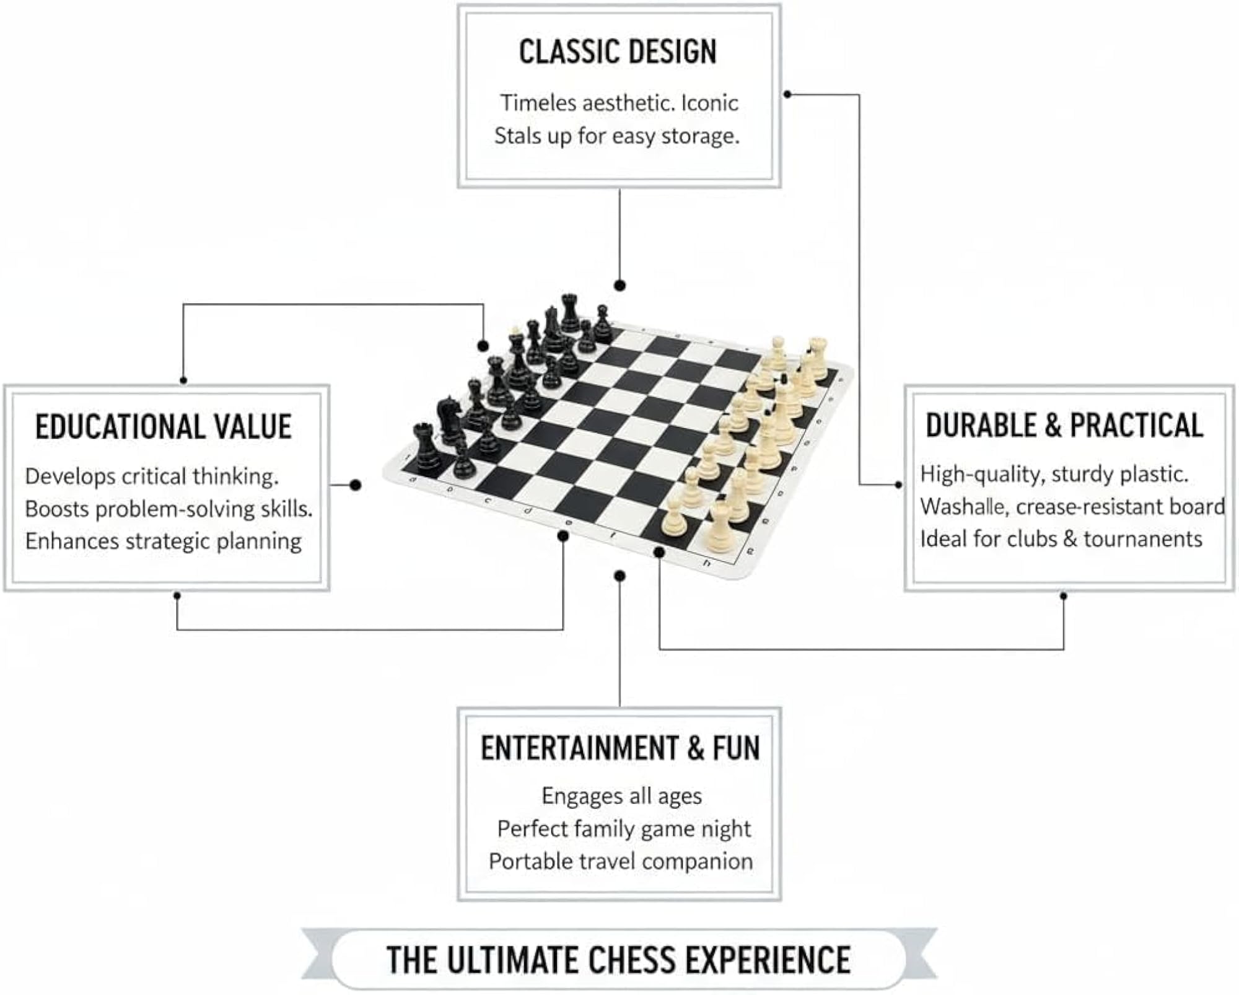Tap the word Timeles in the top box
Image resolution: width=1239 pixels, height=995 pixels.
pos(537,103)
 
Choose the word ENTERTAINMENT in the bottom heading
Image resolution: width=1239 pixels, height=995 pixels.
pos(579,748)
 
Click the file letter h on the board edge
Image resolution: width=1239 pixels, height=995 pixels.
pos(707,563)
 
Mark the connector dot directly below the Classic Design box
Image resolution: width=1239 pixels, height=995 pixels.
pos(619,286)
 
